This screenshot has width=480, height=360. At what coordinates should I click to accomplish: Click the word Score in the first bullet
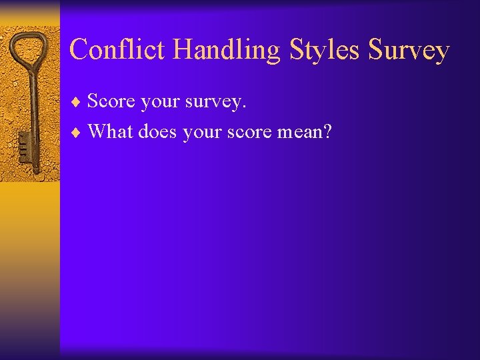tap(111, 101)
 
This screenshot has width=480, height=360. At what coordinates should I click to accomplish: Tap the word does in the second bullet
tap(158, 131)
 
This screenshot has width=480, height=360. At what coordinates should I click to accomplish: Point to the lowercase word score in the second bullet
tap(249, 132)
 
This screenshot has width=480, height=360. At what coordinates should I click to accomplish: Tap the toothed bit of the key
tap(22, 143)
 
